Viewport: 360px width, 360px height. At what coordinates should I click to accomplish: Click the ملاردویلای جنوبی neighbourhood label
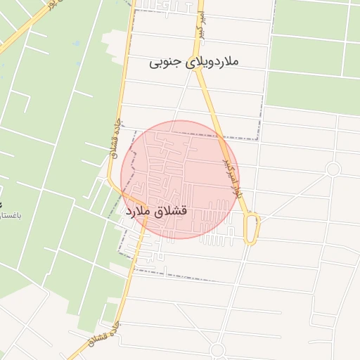(x=195, y=62)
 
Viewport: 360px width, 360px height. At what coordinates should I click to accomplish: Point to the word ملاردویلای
(x=211, y=62)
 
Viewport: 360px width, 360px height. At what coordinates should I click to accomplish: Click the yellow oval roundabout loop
(x=252, y=229)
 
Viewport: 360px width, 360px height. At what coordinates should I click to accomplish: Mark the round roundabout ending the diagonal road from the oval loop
(x=333, y=169)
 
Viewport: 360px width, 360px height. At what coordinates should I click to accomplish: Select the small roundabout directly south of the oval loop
(x=217, y=349)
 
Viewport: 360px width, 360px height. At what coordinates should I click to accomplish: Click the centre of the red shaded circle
(x=180, y=179)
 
